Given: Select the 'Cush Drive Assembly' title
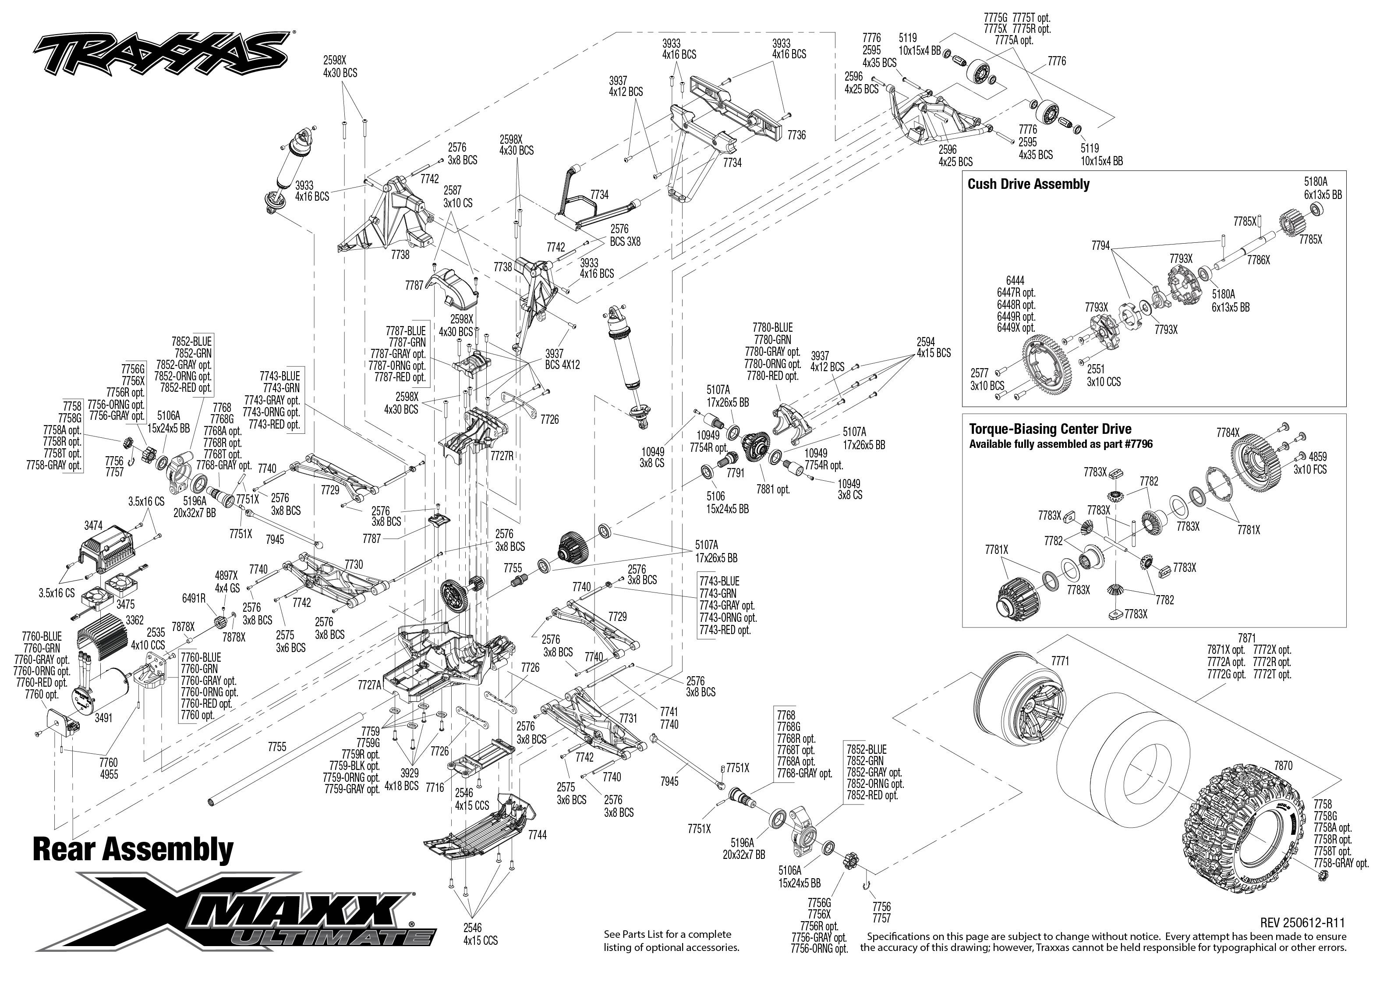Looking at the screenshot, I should click(1028, 184).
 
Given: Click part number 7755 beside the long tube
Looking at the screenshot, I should click(277, 747).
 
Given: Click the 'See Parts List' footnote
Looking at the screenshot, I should click(671, 940).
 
